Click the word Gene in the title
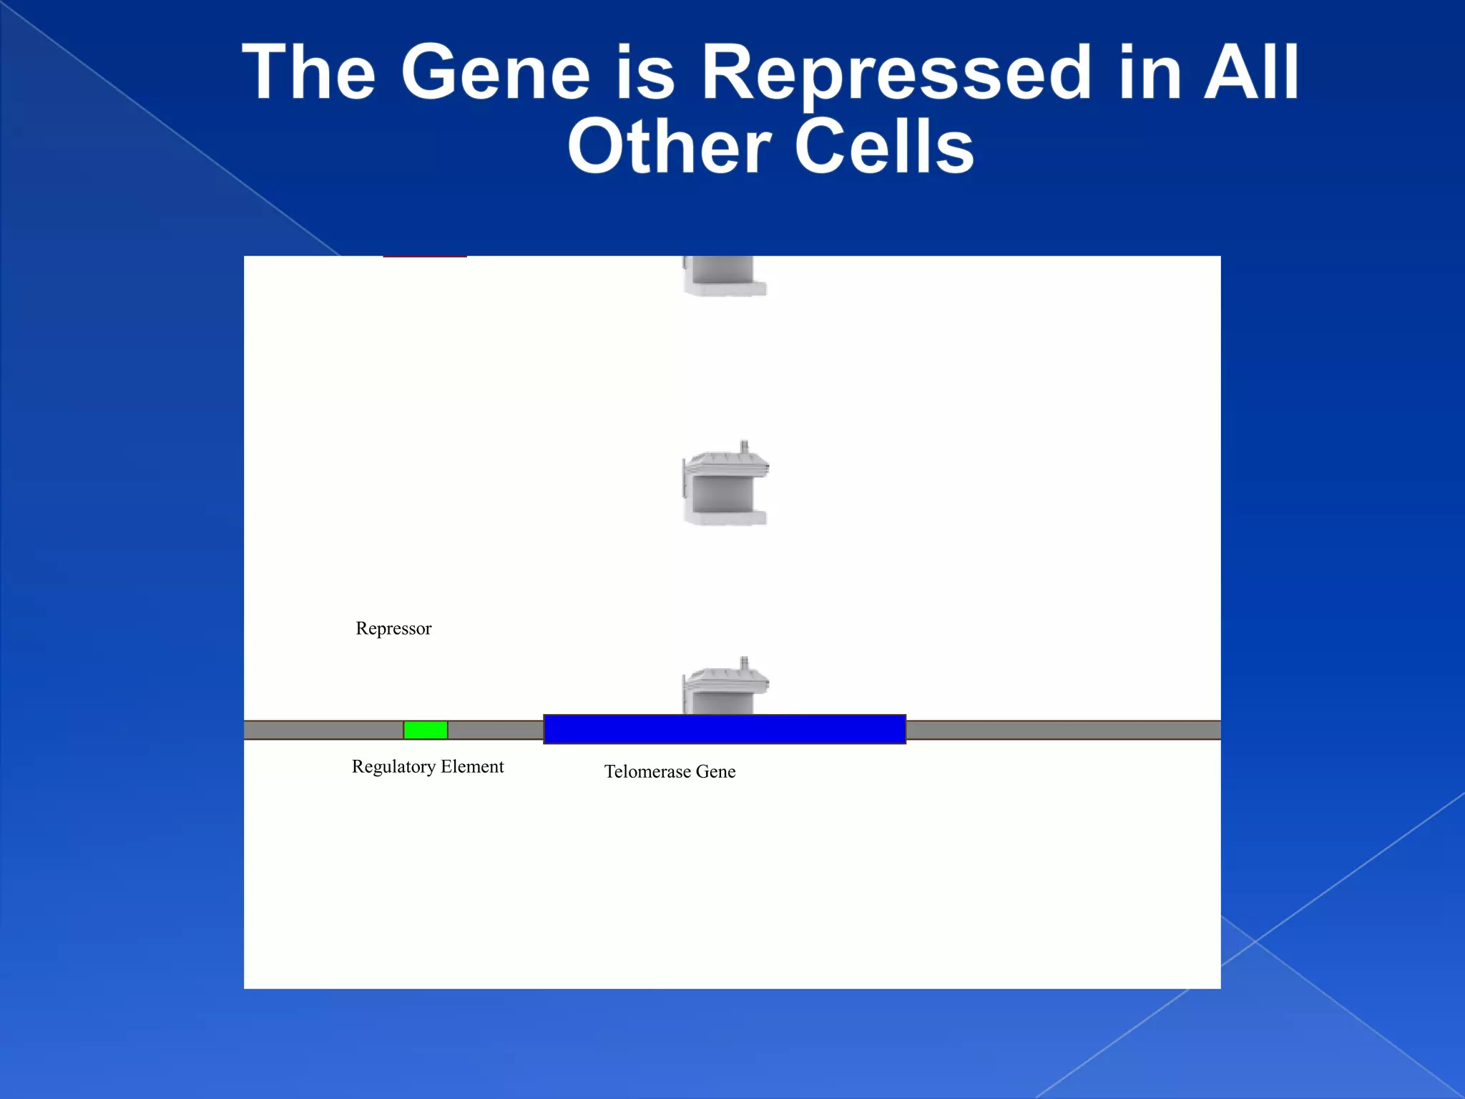[495, 72]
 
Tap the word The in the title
[309, 72]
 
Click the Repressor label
[393, 628]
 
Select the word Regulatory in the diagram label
[393, 767]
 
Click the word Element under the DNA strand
[472, 766]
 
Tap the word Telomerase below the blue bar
[647, 771]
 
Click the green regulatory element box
[426, 730]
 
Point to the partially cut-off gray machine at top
[725, 277]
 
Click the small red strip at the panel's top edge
[425, 256]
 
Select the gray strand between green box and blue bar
[495, 730]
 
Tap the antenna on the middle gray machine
[744, 447]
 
